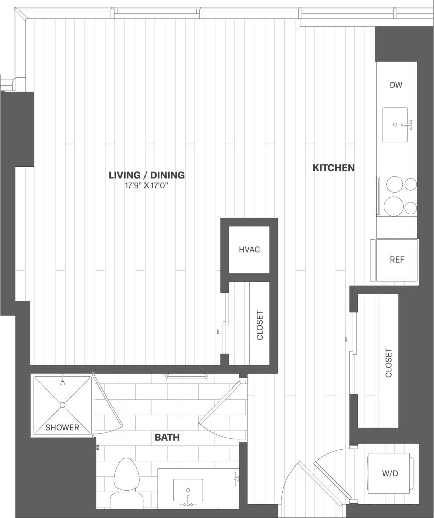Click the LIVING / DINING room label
[x=147, y=175]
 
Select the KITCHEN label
[x=334, y=168]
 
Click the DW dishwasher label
[x=396, y=85]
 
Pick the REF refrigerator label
[x=397, y=260]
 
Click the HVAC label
[x=249, y=249]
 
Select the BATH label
[x=167, y=438]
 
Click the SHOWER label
[x=62, y=428]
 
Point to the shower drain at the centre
[x=63, y=404]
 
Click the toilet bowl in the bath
[x=126, y=477]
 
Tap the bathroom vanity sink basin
[x=188, y=490]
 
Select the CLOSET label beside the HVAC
[x=260, y=325]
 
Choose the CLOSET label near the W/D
[x=388, y=363]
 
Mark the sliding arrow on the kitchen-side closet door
[x=346, y=333]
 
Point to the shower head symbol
[x=63, y=382]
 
